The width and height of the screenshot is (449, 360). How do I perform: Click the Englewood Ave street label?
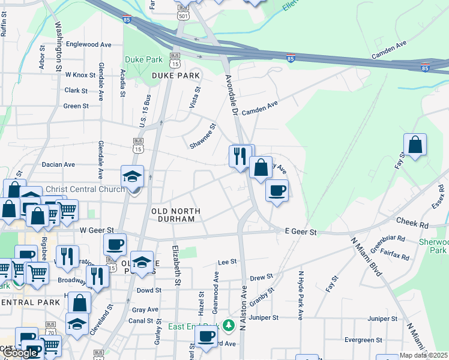89,44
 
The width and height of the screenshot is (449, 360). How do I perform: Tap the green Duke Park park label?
144,60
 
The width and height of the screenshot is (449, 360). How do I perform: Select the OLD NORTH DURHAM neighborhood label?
173,215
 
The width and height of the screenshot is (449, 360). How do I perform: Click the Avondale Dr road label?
232,95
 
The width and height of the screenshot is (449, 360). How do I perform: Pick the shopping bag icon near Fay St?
415,145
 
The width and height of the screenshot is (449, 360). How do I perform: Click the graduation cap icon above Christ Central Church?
132,176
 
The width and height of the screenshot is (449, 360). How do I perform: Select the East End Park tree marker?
228,326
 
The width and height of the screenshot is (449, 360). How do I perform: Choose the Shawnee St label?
203,137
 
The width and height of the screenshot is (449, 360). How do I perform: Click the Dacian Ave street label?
58,164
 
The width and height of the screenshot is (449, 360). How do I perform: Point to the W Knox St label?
80,75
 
